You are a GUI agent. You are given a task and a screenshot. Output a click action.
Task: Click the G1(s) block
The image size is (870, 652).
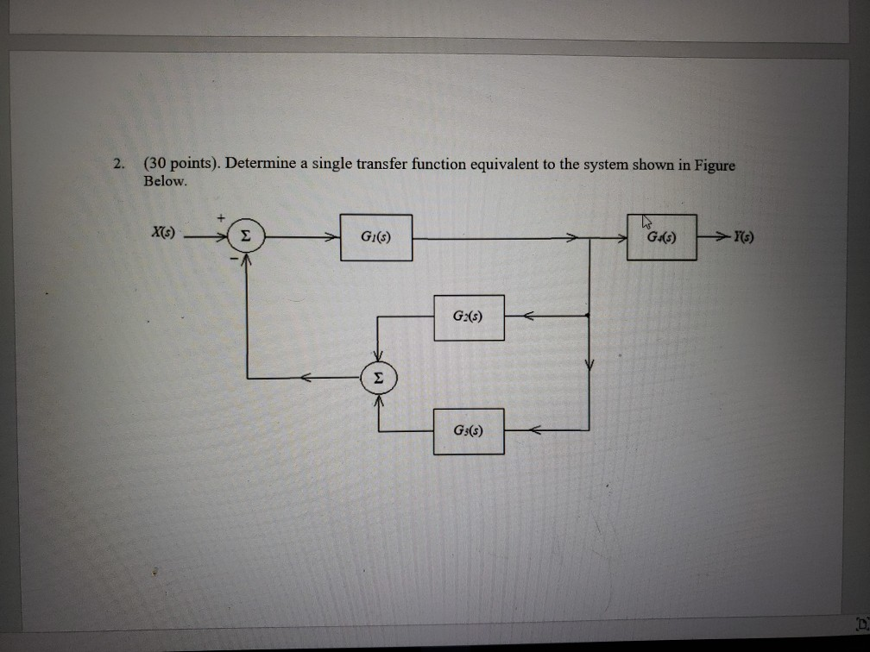pos(375,237)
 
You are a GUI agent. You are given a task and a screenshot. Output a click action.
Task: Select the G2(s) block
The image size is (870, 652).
pos(469,317)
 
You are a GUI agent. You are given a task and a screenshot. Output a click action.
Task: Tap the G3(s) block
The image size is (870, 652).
pos(469,431)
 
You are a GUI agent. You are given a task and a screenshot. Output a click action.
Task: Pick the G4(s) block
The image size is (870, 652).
pos(661,237)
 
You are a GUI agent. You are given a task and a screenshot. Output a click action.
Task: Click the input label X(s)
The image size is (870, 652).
pos(161,233)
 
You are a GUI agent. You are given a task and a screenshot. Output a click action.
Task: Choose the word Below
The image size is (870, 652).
pos(163,181)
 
